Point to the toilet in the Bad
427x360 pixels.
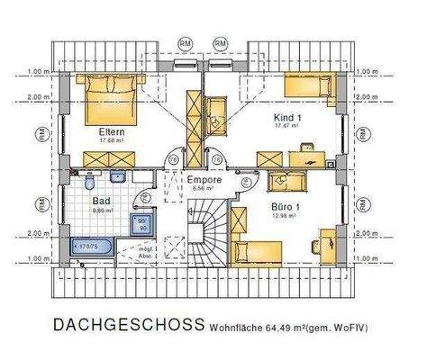coord(89,184)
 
